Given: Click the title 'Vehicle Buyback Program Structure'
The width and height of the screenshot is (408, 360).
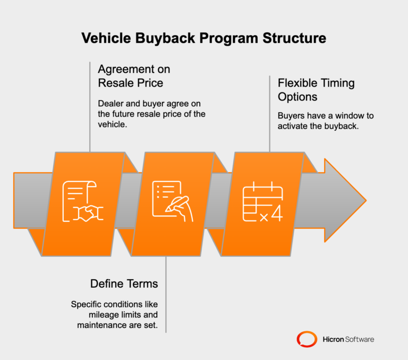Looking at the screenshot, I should (x=203, y=38).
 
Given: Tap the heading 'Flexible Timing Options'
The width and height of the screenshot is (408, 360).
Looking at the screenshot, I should (x=316, y=90).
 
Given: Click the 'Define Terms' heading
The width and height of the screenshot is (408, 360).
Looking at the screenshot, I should (x=124, y=283).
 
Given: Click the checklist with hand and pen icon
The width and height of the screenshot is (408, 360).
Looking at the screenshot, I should (x=172, y=203).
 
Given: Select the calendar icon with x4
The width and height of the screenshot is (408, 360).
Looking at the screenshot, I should (x=262, y=203).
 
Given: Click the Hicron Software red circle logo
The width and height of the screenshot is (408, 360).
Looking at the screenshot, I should (x=307, y=339).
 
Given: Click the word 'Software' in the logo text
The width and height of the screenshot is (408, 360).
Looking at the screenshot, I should (x=360, y=339).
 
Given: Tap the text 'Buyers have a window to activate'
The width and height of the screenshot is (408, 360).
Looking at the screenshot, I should (x=319, y=120).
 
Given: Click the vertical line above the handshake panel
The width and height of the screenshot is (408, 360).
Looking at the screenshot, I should (x=90, y=106).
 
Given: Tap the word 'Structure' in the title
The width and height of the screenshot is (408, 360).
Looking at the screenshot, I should (x=296, y=38).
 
